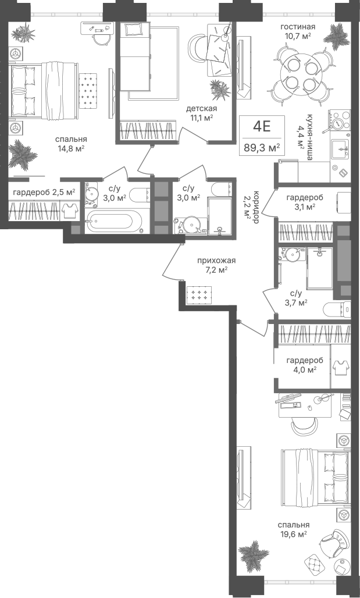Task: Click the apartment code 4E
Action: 262,126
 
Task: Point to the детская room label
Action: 201,109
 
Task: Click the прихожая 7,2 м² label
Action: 216,265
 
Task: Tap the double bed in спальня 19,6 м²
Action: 316,477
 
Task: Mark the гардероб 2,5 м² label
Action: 44,192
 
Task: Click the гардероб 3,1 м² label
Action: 305,202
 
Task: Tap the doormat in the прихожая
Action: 199,294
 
